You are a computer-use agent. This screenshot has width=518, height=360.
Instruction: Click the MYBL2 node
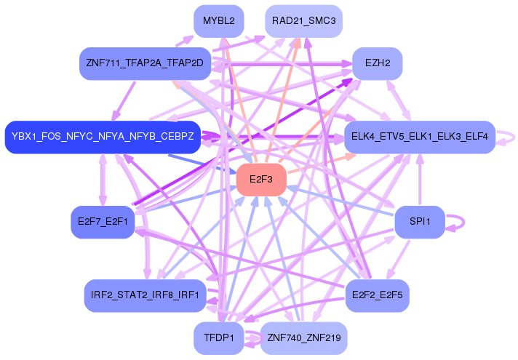pos(218,21)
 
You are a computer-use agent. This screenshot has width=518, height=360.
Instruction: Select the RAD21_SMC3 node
pos(303,21)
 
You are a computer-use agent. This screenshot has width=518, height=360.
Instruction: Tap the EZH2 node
pos(378,64)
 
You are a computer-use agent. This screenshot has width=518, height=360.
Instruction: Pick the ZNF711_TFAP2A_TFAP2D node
pos(145,64)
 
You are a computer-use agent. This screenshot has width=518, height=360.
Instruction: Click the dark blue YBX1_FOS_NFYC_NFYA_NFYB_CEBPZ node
pos(103,137)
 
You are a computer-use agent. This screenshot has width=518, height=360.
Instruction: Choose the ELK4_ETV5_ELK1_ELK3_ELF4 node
pos(420,137)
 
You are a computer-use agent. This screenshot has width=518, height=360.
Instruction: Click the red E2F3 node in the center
pos(260,179)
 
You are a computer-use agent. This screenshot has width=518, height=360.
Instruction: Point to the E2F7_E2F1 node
pos(103,222)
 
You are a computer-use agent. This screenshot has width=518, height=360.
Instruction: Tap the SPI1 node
pos(419,222)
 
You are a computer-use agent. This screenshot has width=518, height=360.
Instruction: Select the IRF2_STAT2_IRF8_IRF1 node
pos(145,295)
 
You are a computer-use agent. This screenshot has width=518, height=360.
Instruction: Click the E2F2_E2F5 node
pos(377,295)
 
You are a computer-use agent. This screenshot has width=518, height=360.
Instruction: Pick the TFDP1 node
pos(218,338)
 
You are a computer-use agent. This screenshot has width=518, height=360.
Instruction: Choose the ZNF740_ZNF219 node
pos(303,338)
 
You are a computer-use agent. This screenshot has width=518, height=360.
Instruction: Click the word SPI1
pos(419,222)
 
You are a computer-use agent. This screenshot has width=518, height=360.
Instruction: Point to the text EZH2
pos(378,64)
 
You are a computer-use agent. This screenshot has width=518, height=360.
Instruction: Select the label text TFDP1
pos(218,338)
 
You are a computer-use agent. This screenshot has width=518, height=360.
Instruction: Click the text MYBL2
pos(218,21)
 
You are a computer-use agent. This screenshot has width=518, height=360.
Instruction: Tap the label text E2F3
pos(260,179)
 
